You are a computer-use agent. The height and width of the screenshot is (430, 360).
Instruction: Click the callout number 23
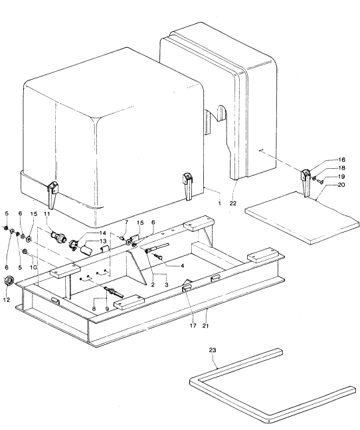pos(213,350)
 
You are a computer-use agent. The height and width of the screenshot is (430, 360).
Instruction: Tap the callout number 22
pos(232,203)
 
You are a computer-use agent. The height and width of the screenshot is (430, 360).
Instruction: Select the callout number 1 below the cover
pos(219,203)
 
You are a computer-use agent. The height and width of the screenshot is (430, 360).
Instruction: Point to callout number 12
pos(7,300)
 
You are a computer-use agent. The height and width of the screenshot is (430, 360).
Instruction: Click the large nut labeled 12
pos(9,281)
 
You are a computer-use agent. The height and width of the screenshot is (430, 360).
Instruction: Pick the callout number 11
pos(47,213)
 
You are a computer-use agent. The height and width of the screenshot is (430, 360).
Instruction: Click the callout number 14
pos(102,233)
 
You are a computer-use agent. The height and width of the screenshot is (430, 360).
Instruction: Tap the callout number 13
pos(102,241)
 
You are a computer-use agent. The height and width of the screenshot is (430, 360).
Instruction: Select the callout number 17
pos(193,326)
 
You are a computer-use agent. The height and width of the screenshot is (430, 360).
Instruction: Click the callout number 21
pos(206,326)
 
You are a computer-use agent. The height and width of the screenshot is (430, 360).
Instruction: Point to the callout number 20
pos(341,185)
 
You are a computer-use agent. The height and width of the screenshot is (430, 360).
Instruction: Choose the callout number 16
pos(341,160)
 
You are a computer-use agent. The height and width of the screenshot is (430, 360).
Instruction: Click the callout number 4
pos(182,265)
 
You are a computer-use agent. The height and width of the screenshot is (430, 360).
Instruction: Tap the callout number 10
pos(33,267)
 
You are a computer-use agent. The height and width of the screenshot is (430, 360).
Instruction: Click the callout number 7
pos(126,222)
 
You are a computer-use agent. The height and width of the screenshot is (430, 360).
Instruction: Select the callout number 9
pos(107,309)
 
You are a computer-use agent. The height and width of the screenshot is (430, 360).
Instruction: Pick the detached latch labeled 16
pos(306,183)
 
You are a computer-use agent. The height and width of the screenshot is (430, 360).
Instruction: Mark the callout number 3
pos(166,284)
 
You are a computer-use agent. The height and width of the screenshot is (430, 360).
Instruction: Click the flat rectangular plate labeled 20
pos(302,217)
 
